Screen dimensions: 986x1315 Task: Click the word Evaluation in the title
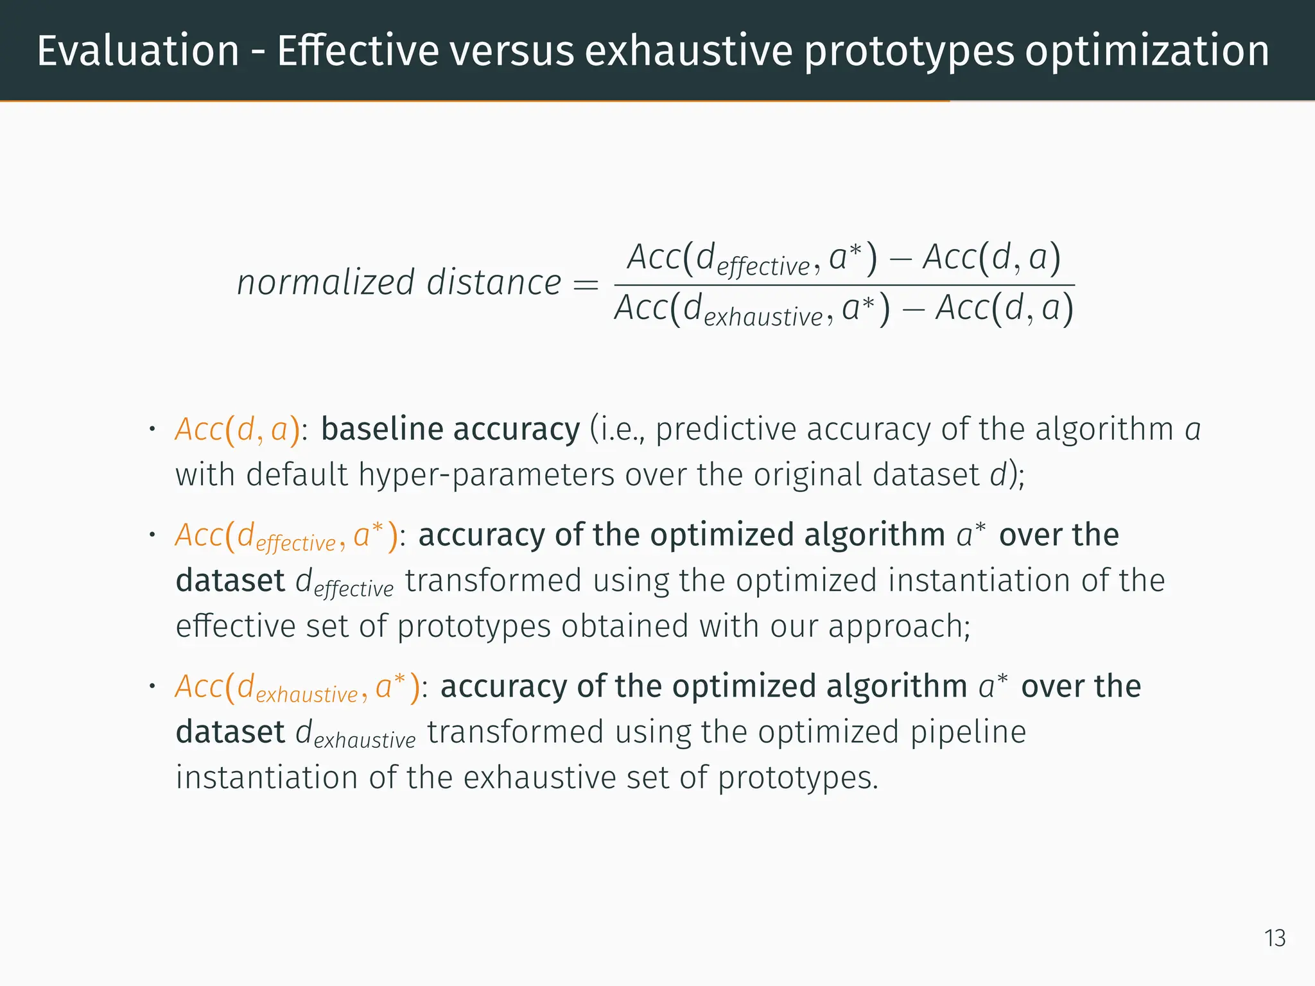click(138, 51)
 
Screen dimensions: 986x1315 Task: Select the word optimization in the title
click(1147, 51)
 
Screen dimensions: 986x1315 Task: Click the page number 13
click(1275, 938)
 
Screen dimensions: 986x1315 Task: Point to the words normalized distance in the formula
click(399, 282)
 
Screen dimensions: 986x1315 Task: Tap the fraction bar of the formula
click(844, 285)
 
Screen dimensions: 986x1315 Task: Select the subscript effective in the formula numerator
click(763, 266)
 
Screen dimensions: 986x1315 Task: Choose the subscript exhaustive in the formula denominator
click(763, 317)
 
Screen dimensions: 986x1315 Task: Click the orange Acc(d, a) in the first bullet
click(238, 429)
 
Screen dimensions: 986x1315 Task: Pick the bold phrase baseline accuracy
click(450, 429)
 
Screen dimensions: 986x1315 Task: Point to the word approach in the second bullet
click(898, 627)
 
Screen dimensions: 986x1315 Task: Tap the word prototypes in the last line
click(796, 778)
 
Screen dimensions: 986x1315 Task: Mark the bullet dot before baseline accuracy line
click(152, 428)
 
